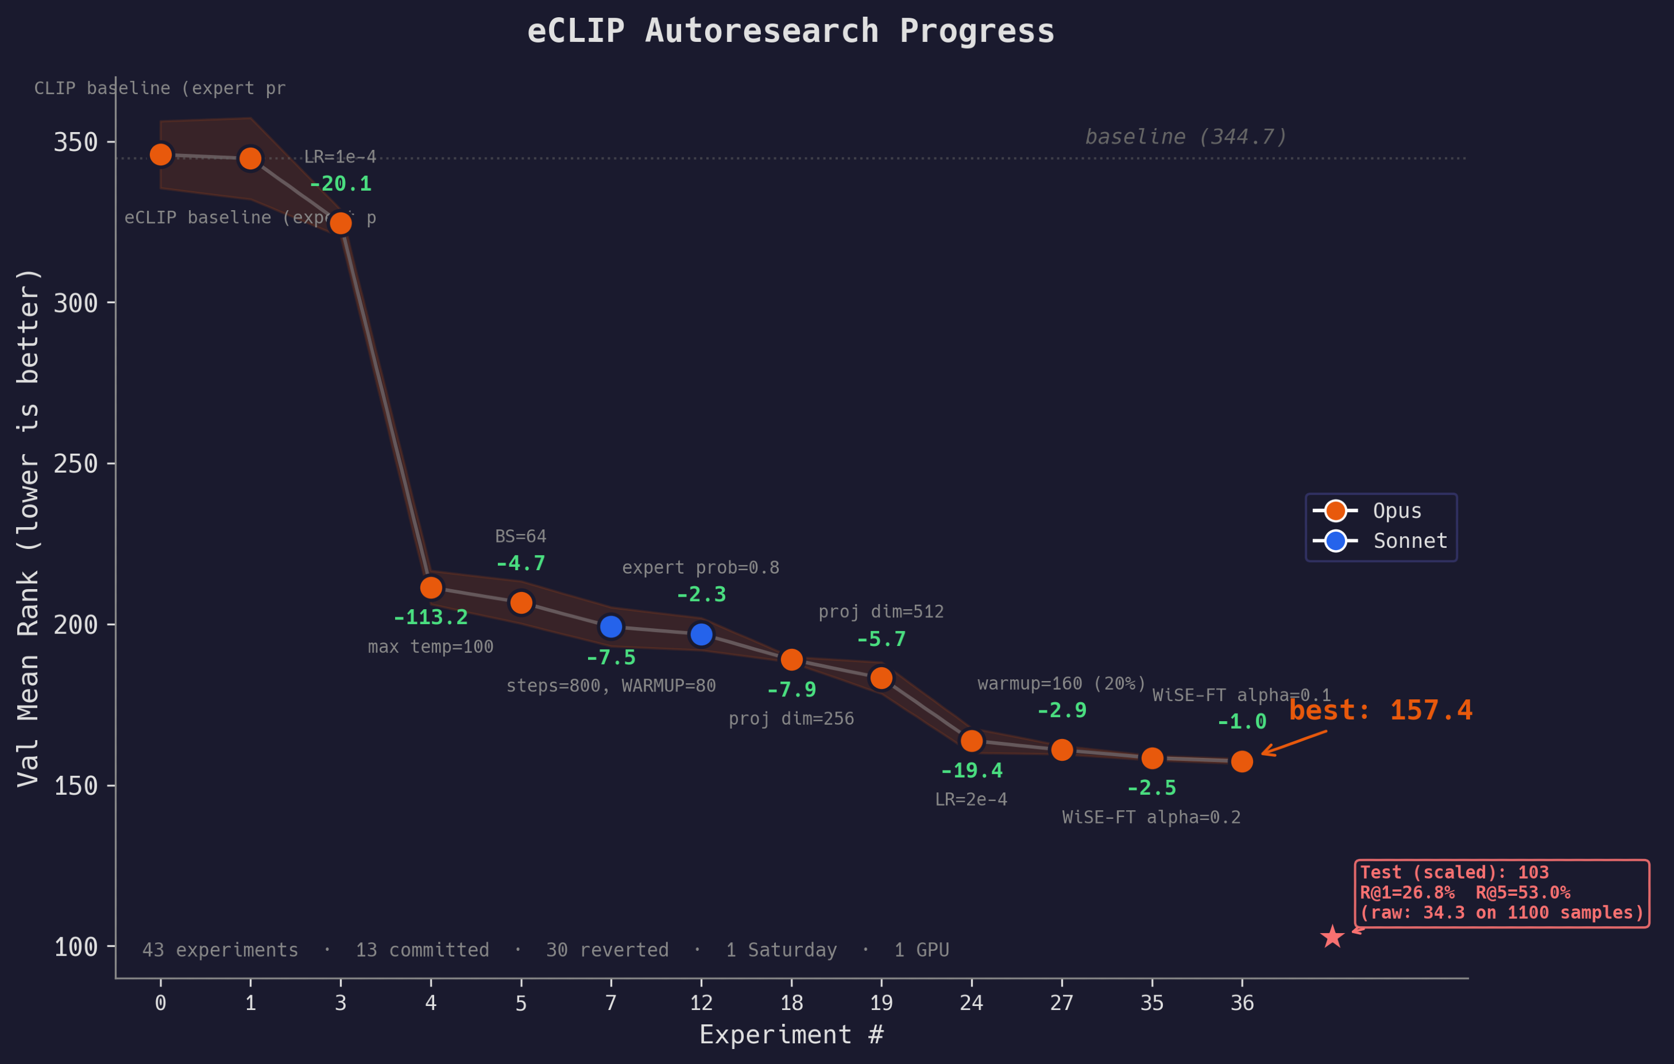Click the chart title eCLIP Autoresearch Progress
tap(790, 31)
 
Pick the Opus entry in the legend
tap(1397, 511)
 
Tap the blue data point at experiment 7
tap(610, 627)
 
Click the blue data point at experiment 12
tap(701, 634)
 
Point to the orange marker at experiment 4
tap(431, 588)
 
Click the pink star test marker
tap(1331, 937)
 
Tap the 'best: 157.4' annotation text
tap(1380, 710)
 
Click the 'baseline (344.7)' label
tap(1186, 137)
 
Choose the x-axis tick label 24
tap(971, 1003)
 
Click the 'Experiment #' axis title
tap(791, 1034)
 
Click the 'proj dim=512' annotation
tap(881, 612)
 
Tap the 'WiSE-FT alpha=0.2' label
tap(1151, 817)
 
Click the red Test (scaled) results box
tap(1501, 893)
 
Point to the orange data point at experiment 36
tap(1242, 762)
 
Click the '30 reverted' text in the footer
tap(607, 950)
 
